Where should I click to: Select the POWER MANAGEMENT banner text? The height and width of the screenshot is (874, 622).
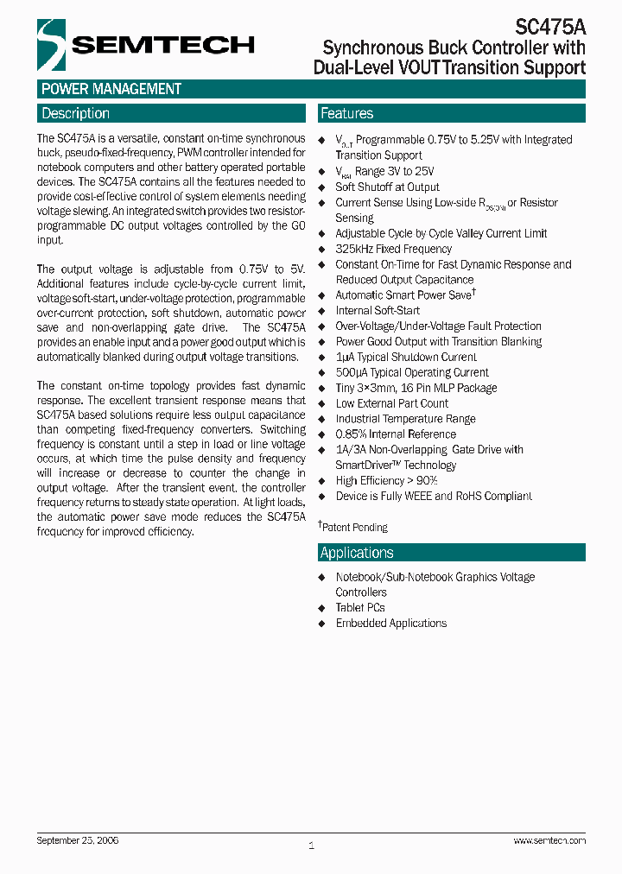(111, 89)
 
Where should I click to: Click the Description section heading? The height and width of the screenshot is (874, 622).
(76, 113)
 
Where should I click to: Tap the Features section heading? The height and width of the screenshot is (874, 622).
(346, 113)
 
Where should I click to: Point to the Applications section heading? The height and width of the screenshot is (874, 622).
(357, 553)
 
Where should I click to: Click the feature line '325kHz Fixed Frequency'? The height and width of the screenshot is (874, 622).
(393, 249)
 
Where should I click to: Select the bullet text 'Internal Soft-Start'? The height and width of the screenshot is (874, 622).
(378, 310)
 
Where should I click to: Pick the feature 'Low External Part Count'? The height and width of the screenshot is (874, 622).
(392, 403)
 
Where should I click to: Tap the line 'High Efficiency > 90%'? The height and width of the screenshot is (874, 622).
(386, 480)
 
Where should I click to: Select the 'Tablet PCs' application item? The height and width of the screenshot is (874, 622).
(360, 607)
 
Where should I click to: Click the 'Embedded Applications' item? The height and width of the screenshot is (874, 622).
(390, 623)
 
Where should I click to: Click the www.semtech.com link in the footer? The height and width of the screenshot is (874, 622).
(549, 840)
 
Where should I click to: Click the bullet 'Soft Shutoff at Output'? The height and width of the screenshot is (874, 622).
(387, 187)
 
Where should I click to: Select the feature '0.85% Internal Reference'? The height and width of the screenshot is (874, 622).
(395, 434)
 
